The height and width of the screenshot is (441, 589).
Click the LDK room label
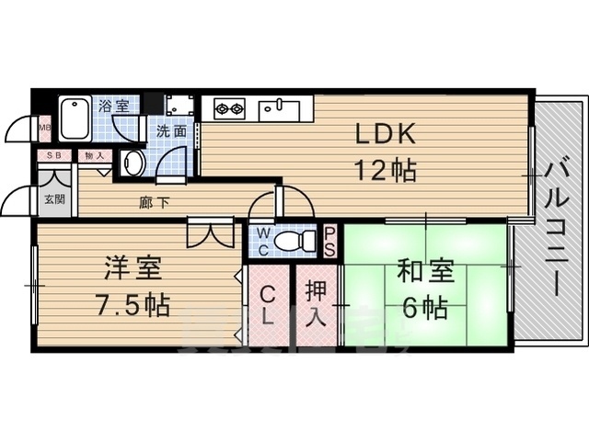point(387,134)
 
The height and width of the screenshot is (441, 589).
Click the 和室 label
point(426,271)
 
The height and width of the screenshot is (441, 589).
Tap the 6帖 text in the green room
point(425,306)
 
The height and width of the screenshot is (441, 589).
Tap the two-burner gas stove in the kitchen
point(228,109)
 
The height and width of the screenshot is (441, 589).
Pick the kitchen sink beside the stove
point(277,109)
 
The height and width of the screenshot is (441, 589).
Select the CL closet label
point(267,306)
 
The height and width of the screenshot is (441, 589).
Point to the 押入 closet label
point(315,306)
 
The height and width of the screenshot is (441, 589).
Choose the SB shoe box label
point(54,156)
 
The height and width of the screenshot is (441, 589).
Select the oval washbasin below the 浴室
point(133,164)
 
